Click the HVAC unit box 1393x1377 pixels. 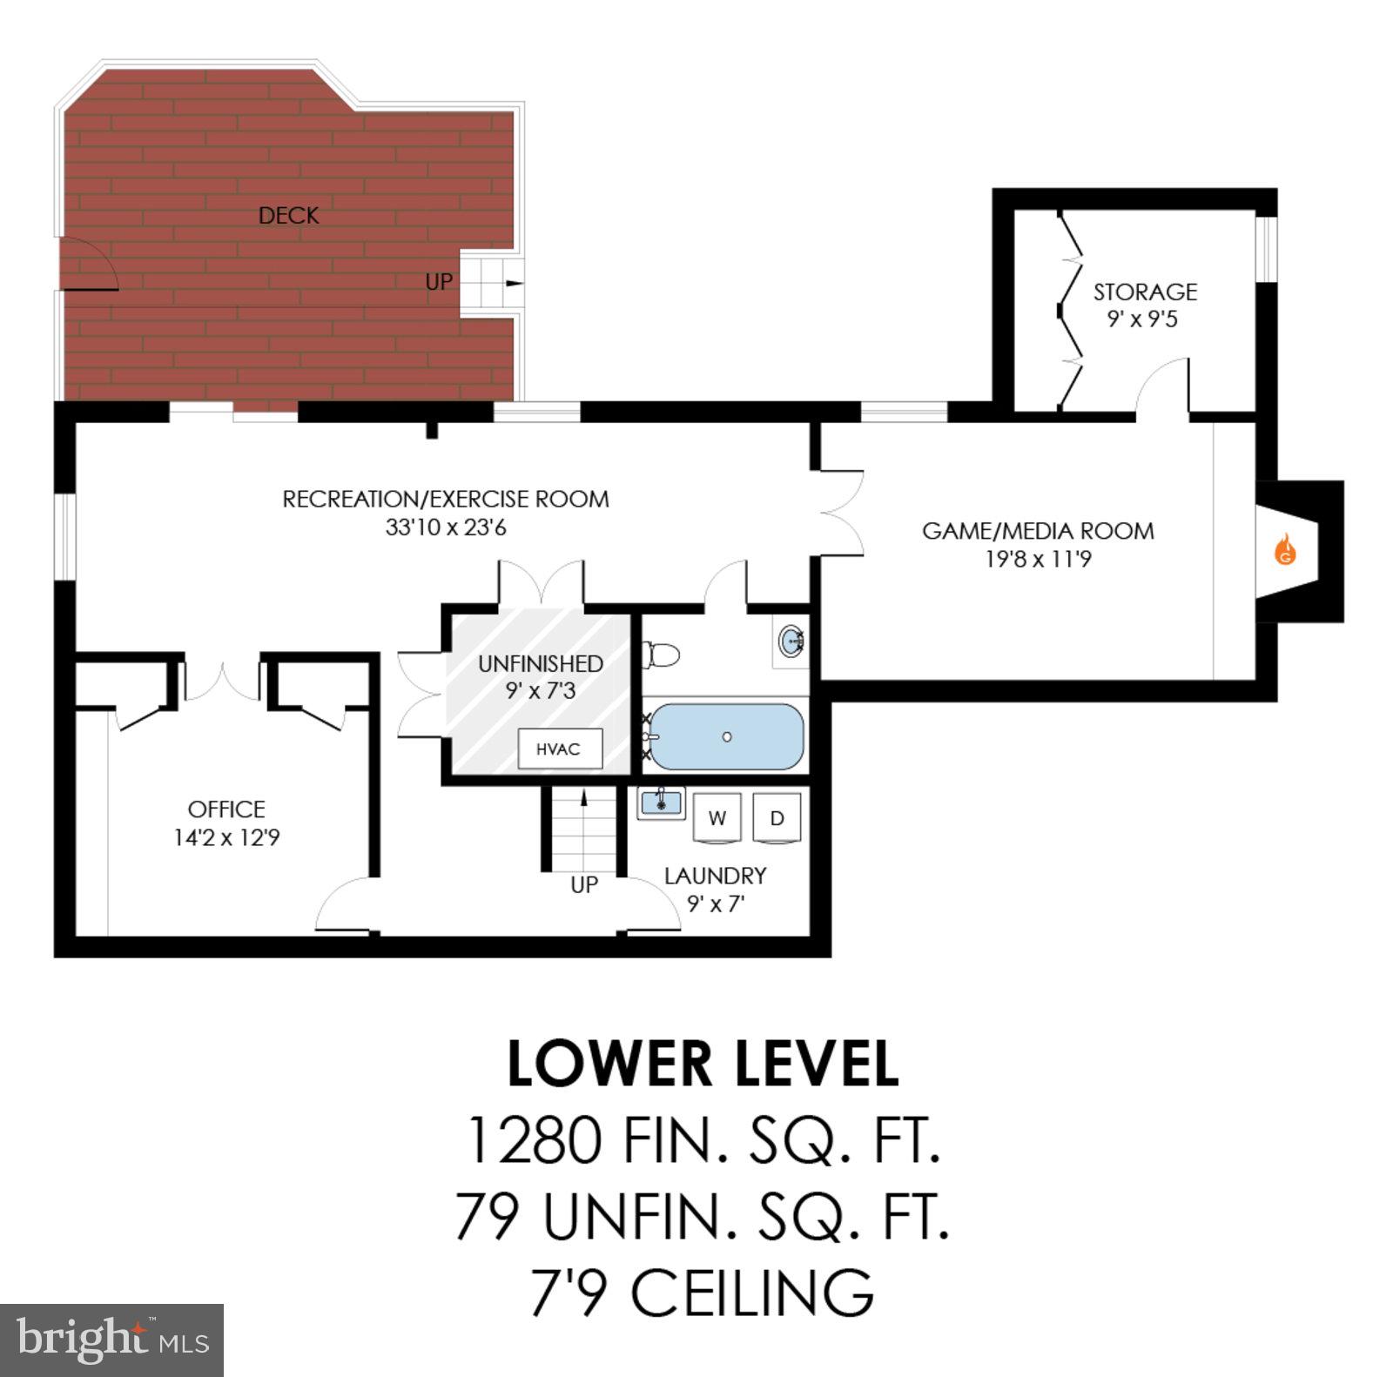(x=559, y=749)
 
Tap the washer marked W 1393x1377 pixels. (x=717, y=818)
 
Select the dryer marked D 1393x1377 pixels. (x=777, y=818)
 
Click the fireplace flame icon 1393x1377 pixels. (x=1285, y=551)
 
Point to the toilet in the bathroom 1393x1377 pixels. (x=662, y=655)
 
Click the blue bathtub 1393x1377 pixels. (x=727, y=737)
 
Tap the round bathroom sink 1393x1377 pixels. (x=791, y=642)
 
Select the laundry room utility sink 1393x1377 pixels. (x=661, y=802)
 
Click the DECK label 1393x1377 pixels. (x=288, y=216)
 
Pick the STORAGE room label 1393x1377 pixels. (x=1145, y=292)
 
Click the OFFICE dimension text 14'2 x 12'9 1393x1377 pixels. (x=226, y=838)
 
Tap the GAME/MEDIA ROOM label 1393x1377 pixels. (x=1038, y=531)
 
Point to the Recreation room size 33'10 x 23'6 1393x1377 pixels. (x=446, y=527)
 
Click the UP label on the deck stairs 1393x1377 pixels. (x=439, y=282)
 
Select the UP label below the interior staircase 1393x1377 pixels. (x=584, y=885)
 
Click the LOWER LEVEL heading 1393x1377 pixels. (x=702, y=1064)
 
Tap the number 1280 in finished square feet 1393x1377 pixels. (x=534, y=1141)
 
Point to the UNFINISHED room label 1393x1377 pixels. (x=540, y=663)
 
